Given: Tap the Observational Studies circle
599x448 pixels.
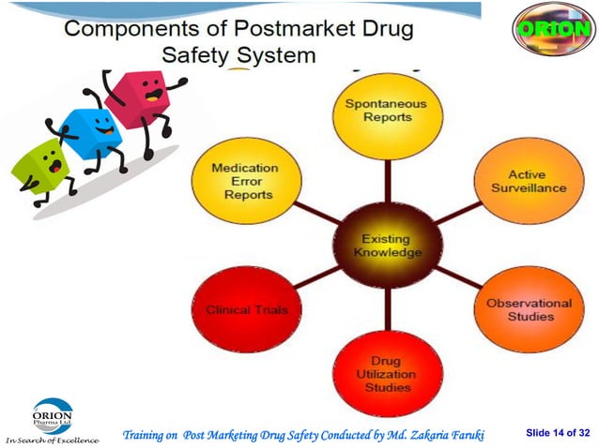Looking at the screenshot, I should point(528,310).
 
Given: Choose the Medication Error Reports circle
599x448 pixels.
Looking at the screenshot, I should point(244,181).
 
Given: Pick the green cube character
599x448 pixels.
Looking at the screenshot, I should point(39,169).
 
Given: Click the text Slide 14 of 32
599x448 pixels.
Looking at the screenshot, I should point(558,432).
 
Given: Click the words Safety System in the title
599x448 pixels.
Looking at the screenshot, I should point(238,55).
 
